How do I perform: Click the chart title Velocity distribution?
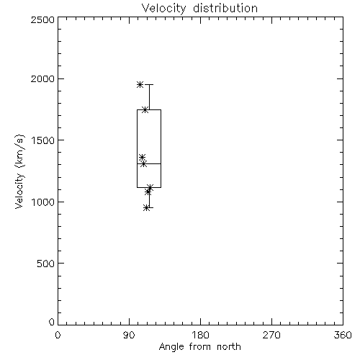199,9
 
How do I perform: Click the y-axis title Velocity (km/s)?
19,171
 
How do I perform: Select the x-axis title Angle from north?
199,347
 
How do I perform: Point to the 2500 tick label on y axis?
42,19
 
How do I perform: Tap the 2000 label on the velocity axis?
42,78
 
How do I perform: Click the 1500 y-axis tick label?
43,140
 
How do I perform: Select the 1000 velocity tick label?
43,202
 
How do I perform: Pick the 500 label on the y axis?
46,264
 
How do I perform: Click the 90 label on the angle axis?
129,335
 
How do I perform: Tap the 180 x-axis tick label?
200,335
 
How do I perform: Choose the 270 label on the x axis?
271,335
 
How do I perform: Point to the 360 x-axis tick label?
343,335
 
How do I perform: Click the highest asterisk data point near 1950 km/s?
140,84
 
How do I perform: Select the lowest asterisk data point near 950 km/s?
147,208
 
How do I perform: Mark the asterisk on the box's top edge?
145,109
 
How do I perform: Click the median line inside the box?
149,163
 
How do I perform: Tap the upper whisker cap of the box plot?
149,84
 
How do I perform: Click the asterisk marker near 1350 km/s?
142,158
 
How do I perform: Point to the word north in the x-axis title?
229,347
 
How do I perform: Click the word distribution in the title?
225,9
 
